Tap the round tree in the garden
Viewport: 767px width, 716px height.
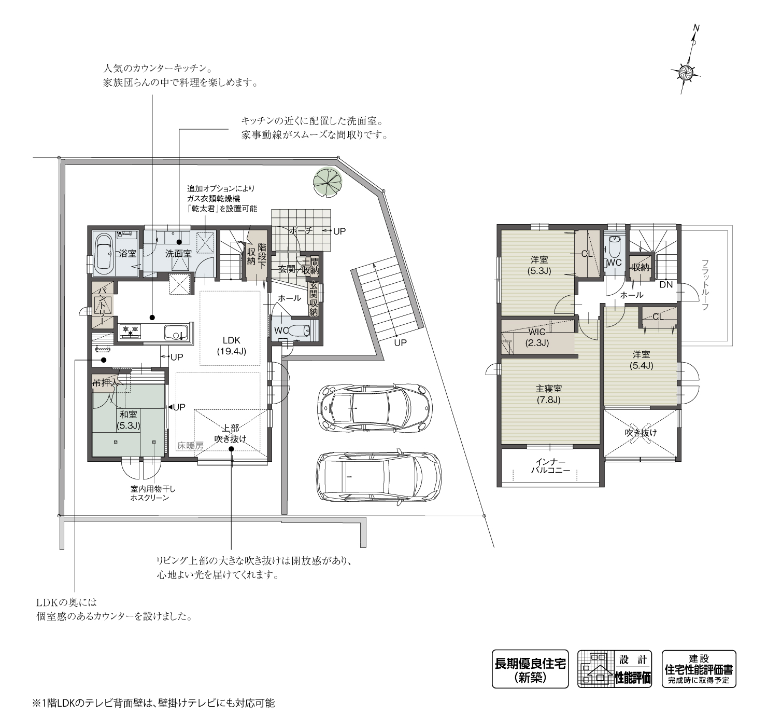[328, 182]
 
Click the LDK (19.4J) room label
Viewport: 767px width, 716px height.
[231, 346]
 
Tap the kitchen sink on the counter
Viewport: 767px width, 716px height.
[176, 332]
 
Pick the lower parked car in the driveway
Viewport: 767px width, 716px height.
[378, 476]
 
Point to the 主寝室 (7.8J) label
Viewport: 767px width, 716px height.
[549, 394]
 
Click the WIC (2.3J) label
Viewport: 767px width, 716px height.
[537, 337]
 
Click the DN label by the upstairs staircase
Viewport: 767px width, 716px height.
[666, 285]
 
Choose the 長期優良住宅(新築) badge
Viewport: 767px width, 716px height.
[530, 669]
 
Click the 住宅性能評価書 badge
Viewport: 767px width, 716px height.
[699, 669]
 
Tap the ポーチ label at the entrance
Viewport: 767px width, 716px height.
[301, 230]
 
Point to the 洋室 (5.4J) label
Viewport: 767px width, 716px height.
[641, 360]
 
